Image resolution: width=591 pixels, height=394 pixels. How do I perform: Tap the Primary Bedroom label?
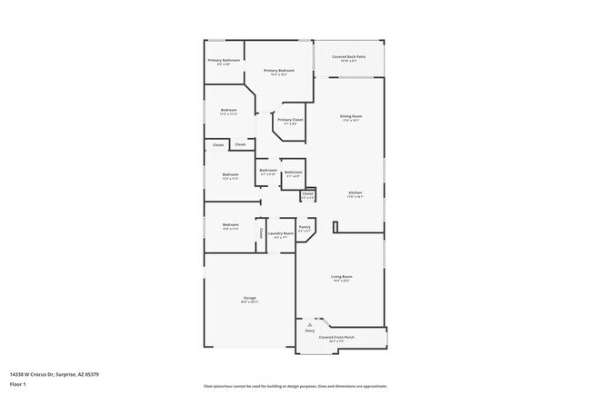click(279, 70)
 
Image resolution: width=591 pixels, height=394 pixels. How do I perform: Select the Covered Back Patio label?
click(348, 56)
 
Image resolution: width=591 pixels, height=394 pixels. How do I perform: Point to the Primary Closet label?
click(290, 120)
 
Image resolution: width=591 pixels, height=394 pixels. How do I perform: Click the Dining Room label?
click(351, 115)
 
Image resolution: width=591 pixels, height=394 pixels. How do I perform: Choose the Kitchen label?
click(356, 192)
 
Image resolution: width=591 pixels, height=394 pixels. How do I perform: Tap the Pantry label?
click(306, 227)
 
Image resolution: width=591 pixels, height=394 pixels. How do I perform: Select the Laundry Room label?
click(280, 233)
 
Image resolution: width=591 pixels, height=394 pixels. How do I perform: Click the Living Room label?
click(341, 276)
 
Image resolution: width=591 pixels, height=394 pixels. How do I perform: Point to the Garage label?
click(249, 298)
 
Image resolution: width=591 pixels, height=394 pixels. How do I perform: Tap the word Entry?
click(309, 330)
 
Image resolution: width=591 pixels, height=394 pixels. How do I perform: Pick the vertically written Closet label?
click(261, 233)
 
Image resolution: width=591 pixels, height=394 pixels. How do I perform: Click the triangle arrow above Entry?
click(310, 322)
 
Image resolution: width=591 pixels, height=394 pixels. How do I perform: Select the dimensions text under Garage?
click(249, 302)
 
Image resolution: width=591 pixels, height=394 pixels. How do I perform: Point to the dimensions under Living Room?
click(341, 281)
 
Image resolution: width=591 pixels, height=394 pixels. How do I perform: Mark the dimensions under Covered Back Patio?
click(348, 61)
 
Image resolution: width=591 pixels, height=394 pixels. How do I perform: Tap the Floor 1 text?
click(18, 384)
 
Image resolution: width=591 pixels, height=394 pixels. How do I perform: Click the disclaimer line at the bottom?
click(295, 385)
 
